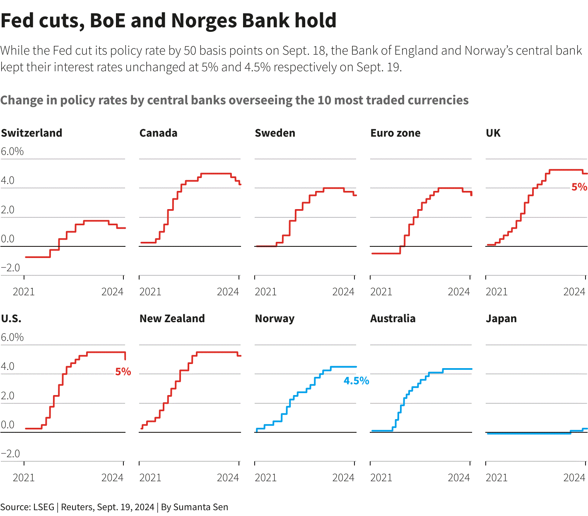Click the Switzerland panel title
click(31, 133)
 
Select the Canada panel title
click(158, 133)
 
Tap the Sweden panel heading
click(275, 133)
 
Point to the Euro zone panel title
click(395, 133)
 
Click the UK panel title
click(493, 133)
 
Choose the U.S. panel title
click(11, 318)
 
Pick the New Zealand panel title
click(172, 318)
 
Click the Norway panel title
click(275, 318)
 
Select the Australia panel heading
click(393, 318)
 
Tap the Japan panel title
click(501, 318)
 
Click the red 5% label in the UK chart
click(579, 187)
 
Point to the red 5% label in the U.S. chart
click(123, 372)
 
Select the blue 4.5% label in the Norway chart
click(356, 381)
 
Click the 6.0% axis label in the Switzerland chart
click(12, 152)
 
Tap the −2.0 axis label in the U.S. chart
click(10, 454)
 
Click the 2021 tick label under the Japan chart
click(496, 478)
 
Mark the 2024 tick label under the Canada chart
click(228, 292)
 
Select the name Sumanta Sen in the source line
click(200, 507)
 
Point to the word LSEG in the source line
click(44, 507)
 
